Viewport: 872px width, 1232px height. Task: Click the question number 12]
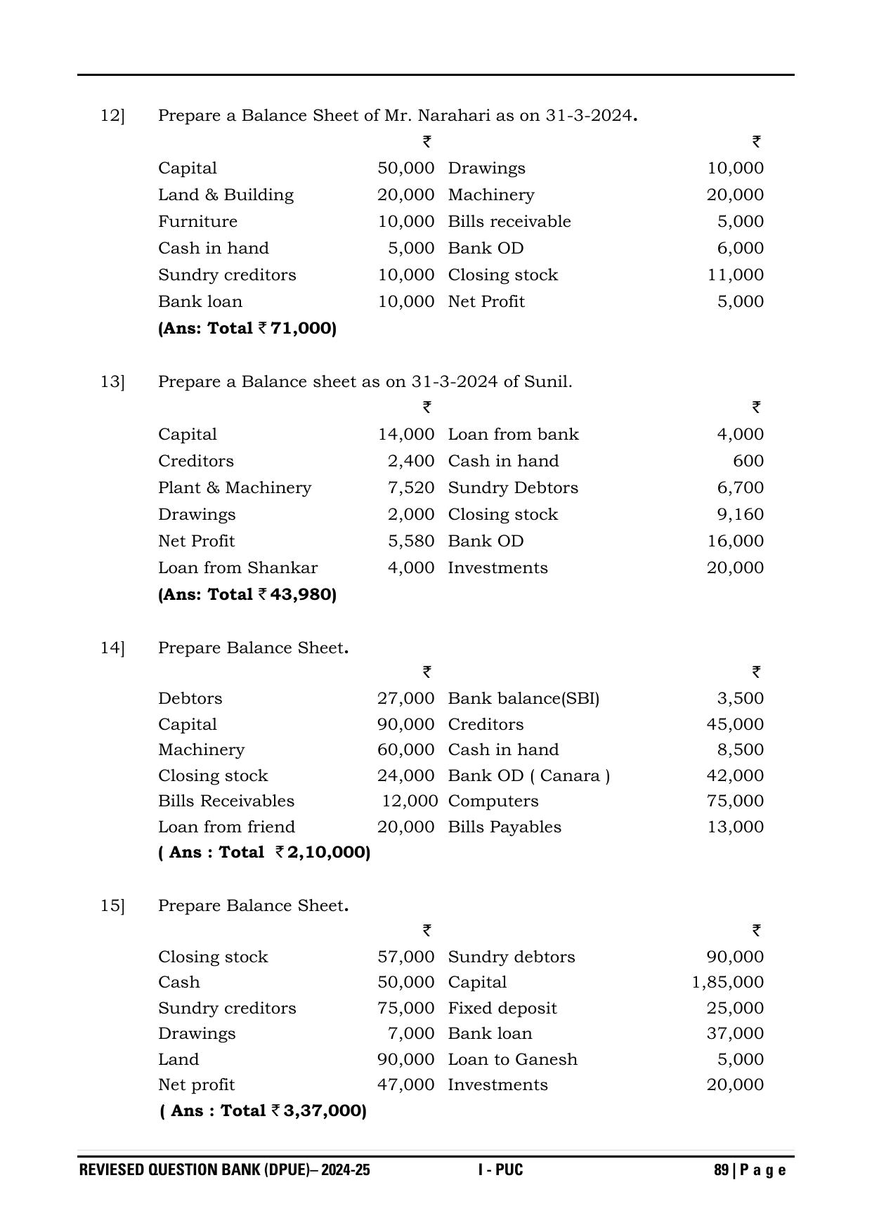point(112,115)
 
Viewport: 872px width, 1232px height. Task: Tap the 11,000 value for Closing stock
point(735,275)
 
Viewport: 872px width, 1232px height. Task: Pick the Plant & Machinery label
point(235,487)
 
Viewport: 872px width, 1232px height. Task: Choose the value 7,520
point(411,487)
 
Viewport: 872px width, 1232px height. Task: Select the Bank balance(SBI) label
point(523,698)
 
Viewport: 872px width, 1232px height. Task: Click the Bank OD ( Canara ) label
point(528,775)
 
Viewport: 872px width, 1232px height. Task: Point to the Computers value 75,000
point(735,801)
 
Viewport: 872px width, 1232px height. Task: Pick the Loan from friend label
point(226,827)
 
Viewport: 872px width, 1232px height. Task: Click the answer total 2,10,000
point(328,852)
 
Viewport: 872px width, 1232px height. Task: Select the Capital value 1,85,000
point(727,982)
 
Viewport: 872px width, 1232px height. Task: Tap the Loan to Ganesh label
point(512,1059)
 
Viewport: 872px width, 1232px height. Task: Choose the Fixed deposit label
point(502,1008)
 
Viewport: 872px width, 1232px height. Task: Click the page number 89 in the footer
point(721,1170)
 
